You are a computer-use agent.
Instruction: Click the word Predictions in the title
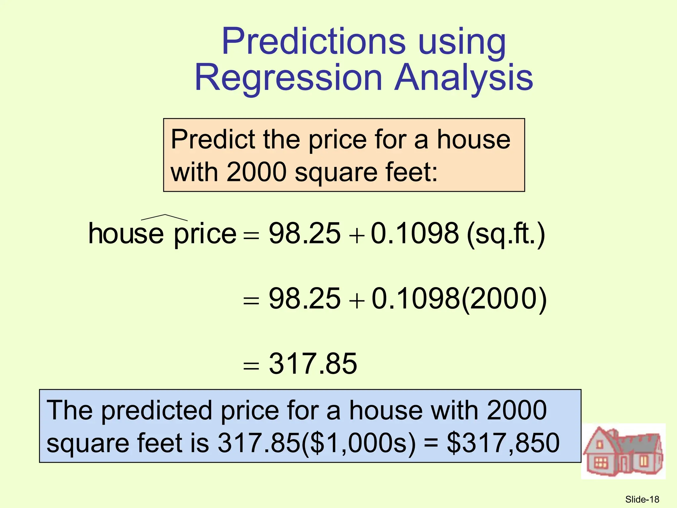tap(313, 42)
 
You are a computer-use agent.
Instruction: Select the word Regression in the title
tap(288, 78)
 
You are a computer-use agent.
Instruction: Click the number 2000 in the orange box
tap(256, 172)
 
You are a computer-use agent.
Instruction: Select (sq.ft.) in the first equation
tap(506, 234)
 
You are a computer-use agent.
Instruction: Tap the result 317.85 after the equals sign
tap(313, 364)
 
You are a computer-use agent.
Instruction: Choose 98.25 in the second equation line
tap(304, 299)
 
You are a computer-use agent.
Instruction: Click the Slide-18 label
tap(642, 499)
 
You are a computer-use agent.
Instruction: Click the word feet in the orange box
tap(406, 172)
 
